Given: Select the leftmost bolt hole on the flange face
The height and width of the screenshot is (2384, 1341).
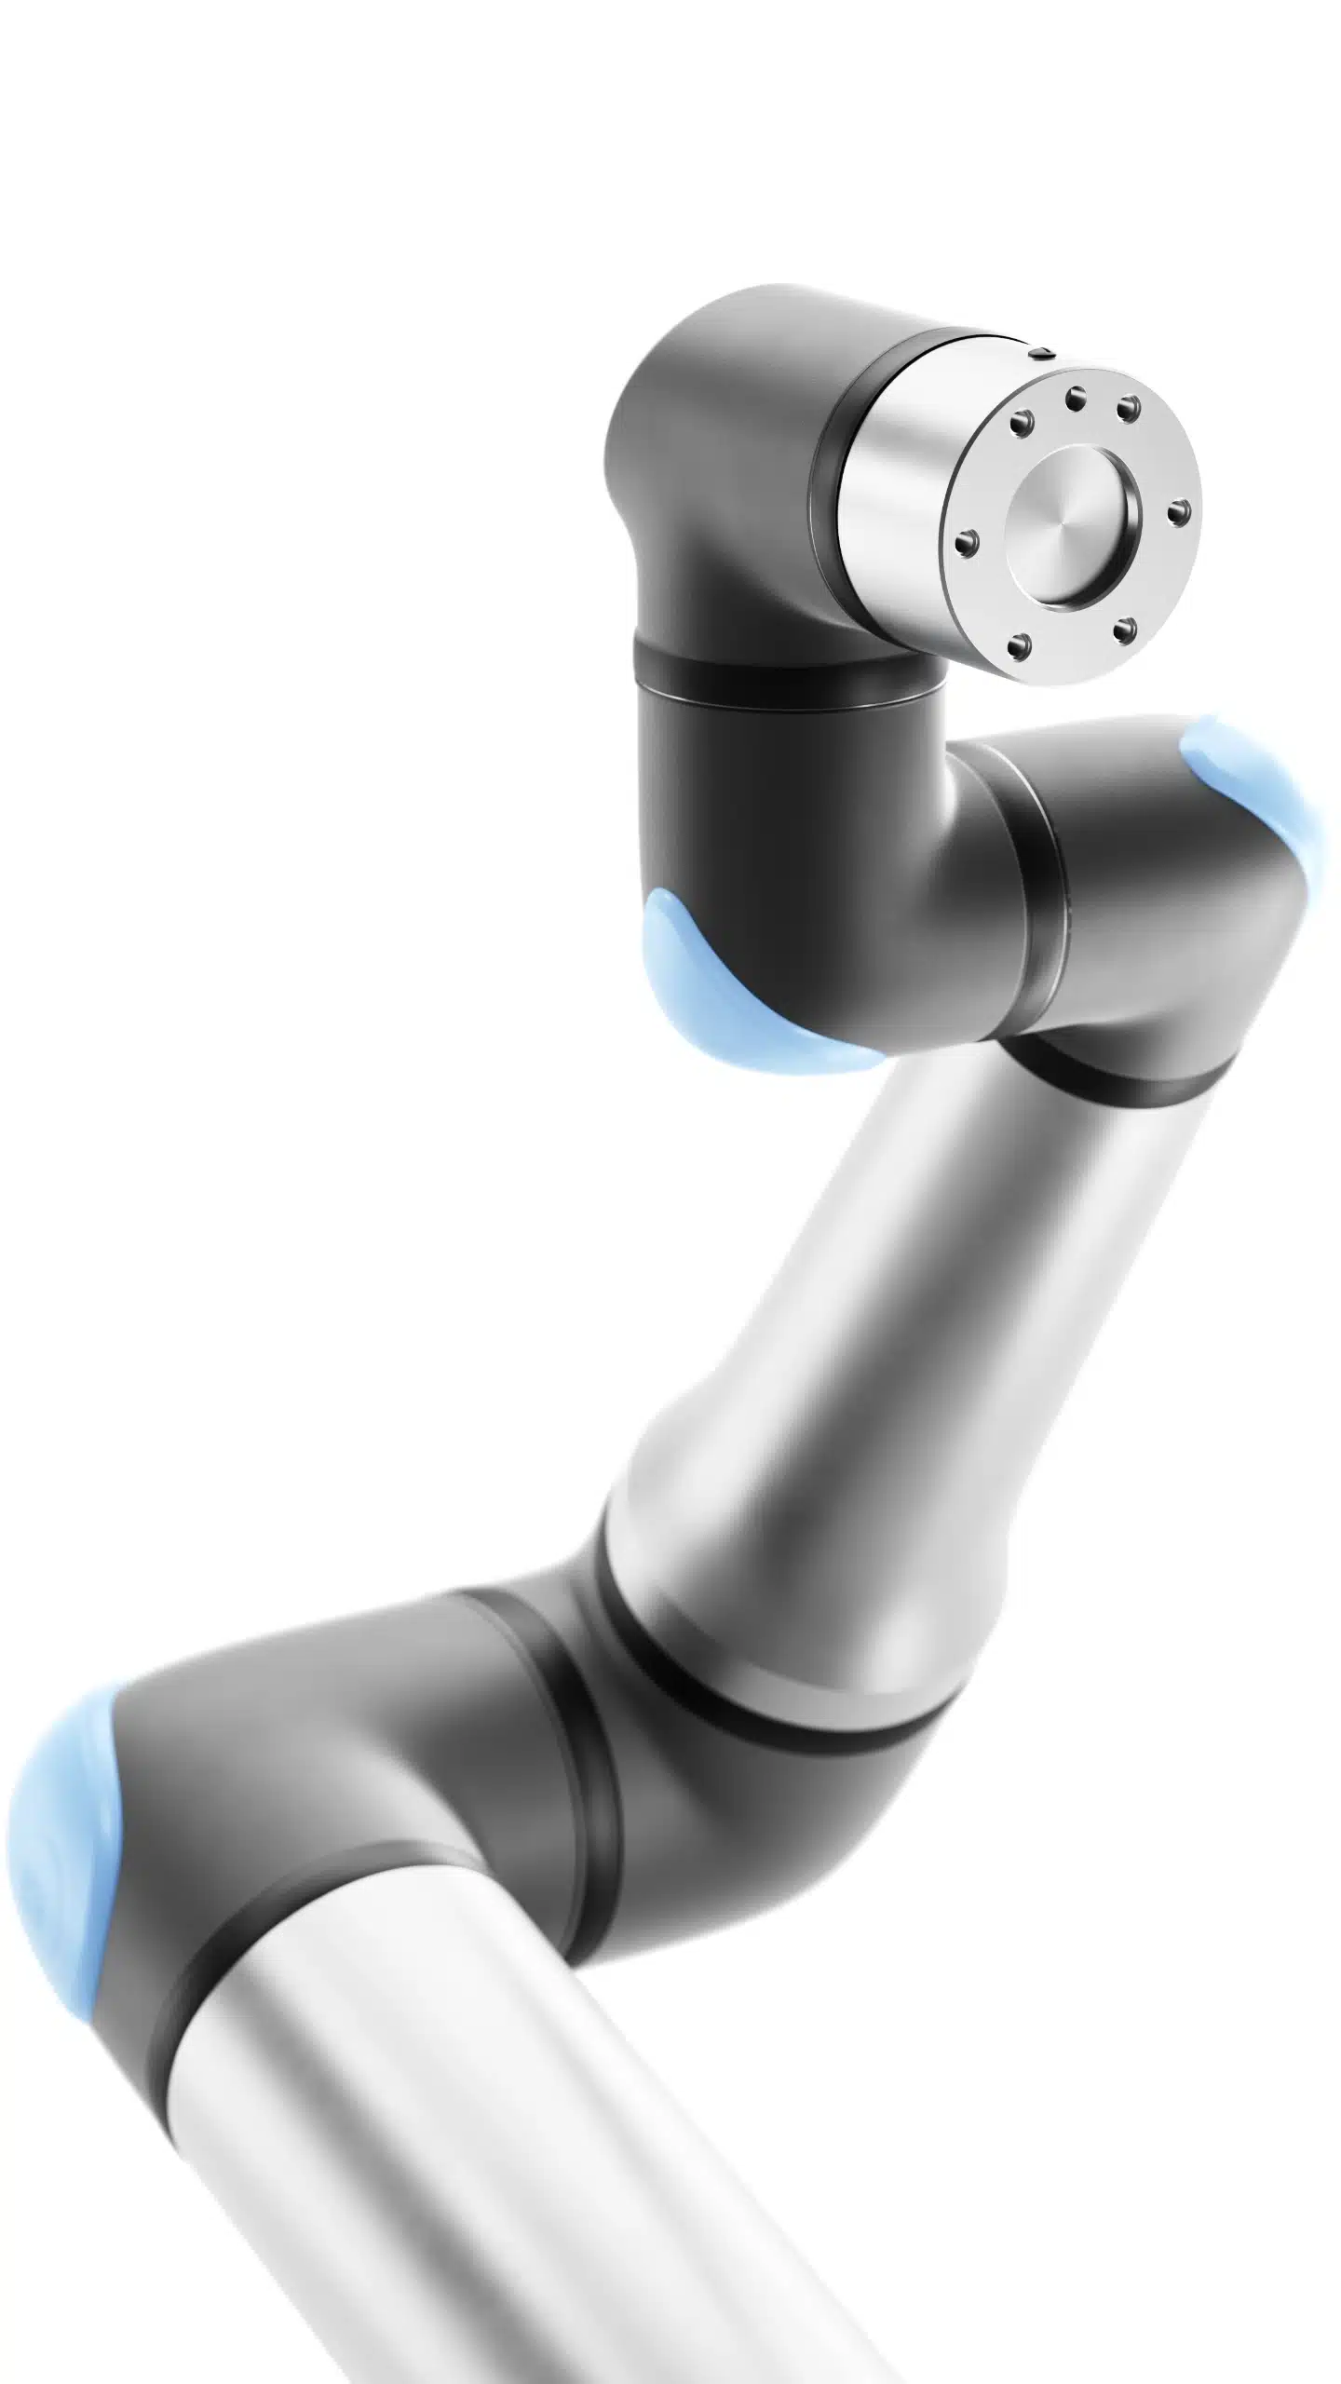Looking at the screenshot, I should pos(968,539).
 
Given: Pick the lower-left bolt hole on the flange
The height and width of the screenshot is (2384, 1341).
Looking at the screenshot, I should pos(1022,642).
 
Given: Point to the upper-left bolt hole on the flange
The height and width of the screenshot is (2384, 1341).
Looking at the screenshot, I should pos(1023,424).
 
